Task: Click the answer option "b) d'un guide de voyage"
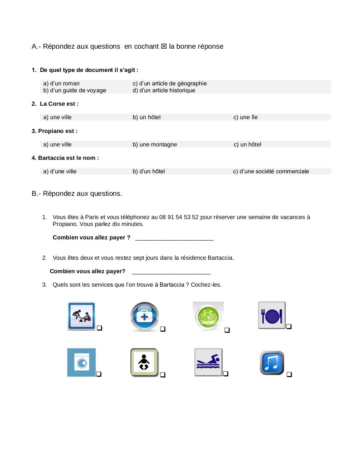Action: [x=75, y=90]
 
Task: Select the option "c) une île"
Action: [x=245, y=117]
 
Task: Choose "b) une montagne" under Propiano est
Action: [x=155, y=145]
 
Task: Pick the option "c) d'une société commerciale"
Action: [x=271, y=171]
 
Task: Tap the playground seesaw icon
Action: [x=81, y=316]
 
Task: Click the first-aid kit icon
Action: [x=144, y=317]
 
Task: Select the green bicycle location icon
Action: [x=208, y=316]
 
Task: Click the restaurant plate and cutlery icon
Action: [x=272, y=315]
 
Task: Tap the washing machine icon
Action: [x=81, y=363]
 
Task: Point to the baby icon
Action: [x=144, y=363]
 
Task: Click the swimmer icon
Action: [x=208, y=362]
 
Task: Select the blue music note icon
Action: [x=272, y=363]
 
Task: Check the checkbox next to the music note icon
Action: [x=289, y=375]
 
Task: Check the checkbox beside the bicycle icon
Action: [x=227, y=330]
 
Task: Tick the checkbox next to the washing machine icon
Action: [x=99, y=374]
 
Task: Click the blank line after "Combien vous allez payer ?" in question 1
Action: [x=174, y=238]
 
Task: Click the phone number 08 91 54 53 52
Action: [x=179, y=217]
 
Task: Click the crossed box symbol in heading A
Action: [x=164, y=46]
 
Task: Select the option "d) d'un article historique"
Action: [x=164, y=90]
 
